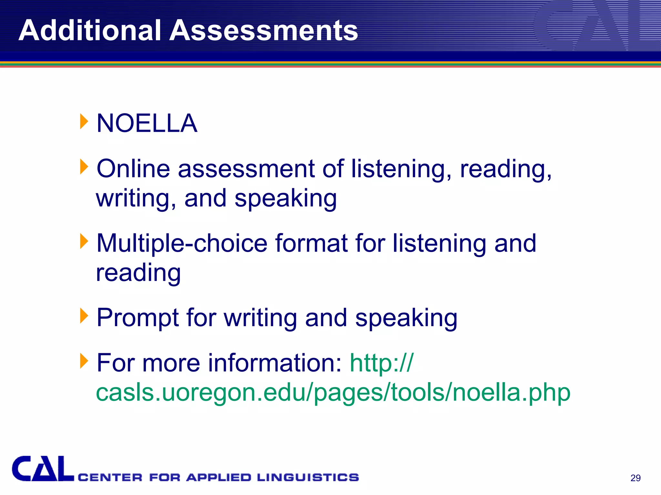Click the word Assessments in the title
[264, 30]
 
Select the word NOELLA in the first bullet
[147, 123]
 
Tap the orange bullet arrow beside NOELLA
[84, 121]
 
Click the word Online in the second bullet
[133, 169]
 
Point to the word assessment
[246, 169]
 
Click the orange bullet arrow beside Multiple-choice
[84, 241]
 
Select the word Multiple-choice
[182, 243]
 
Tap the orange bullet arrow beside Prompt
[84, 316]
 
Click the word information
[274, 363]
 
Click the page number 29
[635, 478]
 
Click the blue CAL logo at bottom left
[43, 469]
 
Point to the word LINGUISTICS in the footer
[308, 477]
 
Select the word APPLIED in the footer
[219, 477]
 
